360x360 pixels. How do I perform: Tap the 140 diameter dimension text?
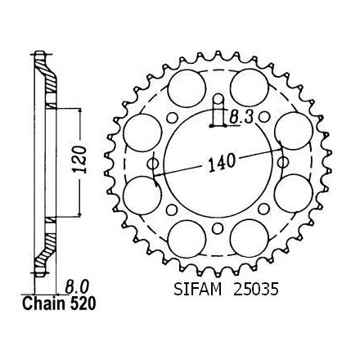pyautogui.click(x=222, y=163)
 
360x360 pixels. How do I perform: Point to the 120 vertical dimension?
pyautogui.click(x=79, y=160)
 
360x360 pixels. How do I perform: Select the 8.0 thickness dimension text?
pyautogui.click(x=76, y=286)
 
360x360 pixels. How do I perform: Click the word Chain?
pyautogui.click(x=43, y=304)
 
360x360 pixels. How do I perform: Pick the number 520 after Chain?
pyautogui.click(x=83, y=304)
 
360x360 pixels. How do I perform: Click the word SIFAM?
pyautogui.click(x=198, y=289)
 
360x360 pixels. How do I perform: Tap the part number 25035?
pyautogui.click(x=255, y=289)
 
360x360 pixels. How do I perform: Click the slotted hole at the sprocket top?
pyautogui.click(x=218, y=110)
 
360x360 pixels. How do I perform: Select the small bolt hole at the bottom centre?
pyautogui.click(x=218, y=228)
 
